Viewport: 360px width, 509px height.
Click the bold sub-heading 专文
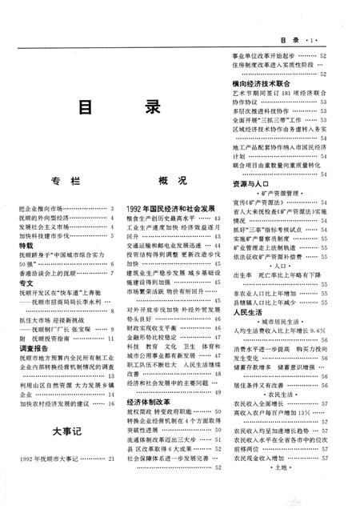24,282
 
